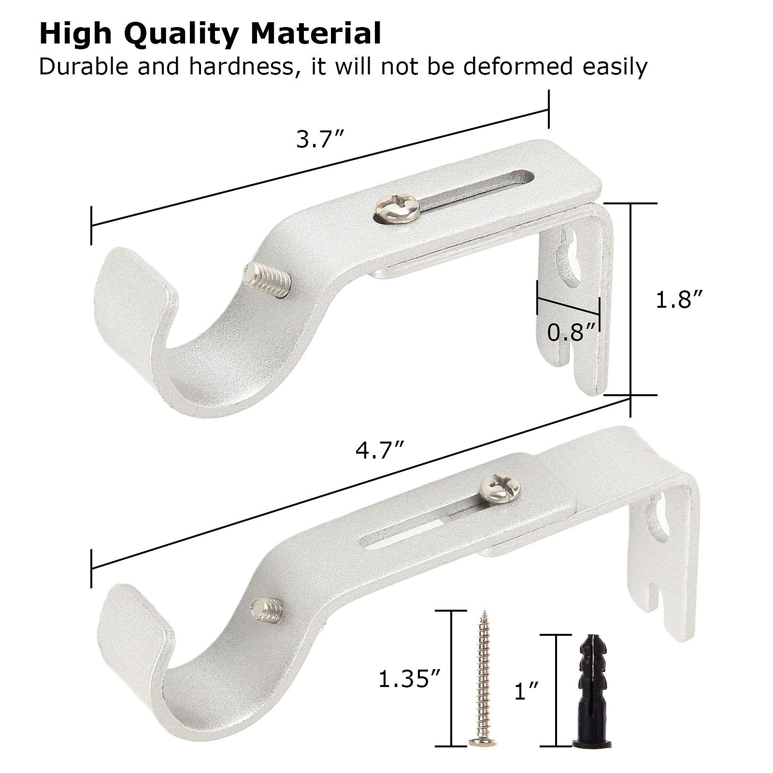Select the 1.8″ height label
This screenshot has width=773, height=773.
(x=677, y=301)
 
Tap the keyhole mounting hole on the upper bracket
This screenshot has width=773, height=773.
(x=570, y=261)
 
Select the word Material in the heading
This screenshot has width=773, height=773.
(x=312, y=33)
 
